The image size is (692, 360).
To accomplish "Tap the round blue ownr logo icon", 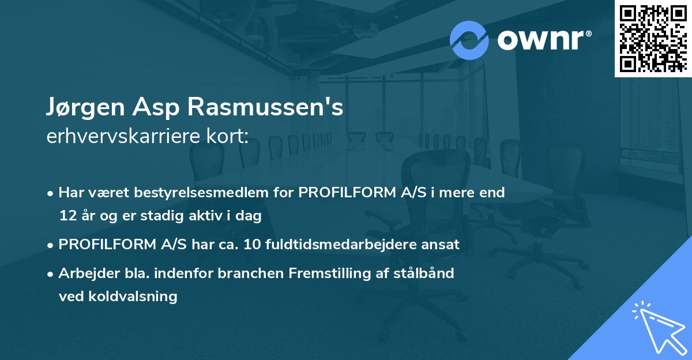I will (469, 40).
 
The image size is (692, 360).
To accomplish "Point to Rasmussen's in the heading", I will (268, 108).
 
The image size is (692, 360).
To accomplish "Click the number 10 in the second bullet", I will (253, 245).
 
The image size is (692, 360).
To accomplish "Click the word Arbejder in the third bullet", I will (85, 273).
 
